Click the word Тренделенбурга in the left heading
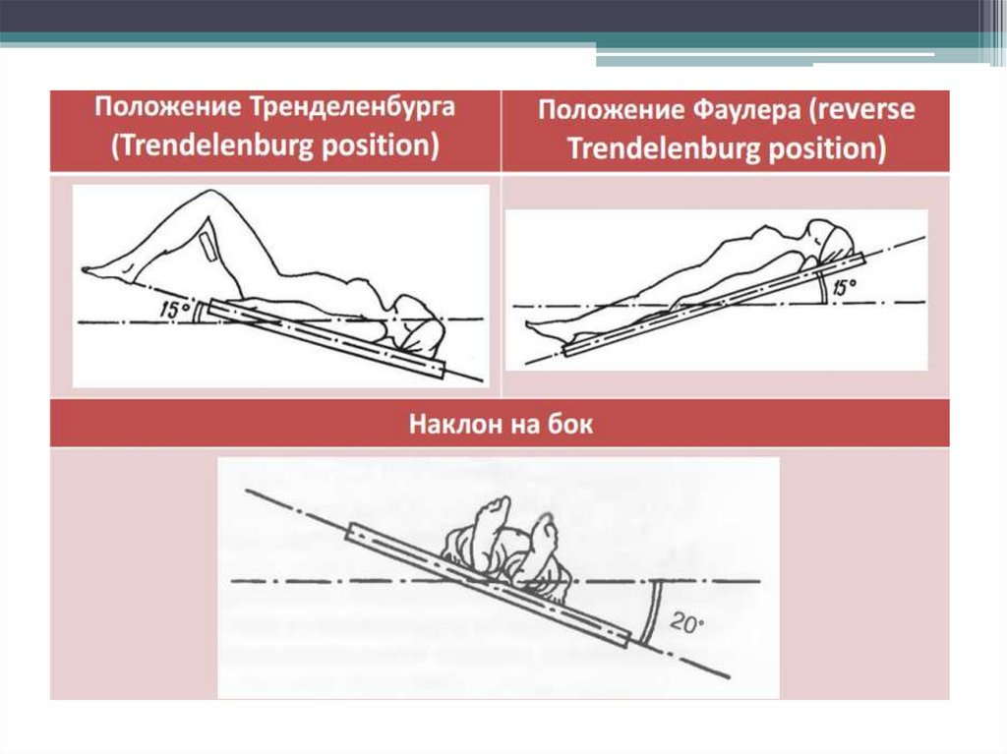coord(352,107)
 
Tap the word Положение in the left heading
coord(167,106)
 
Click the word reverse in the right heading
coord(862,110)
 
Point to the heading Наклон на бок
coord(501,425)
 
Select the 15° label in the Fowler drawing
coord(842,288)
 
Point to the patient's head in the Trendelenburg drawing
coord(416,326)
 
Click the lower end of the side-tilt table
coord(626,639)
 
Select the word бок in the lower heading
coord(570,425)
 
